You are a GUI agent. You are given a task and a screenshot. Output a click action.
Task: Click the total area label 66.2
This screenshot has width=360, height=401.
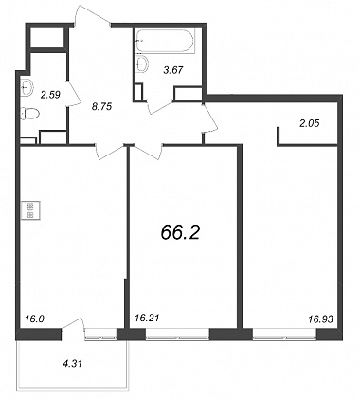coord(180,233)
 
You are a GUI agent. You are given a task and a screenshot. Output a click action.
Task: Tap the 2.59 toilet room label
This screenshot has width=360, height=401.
coord(50,94)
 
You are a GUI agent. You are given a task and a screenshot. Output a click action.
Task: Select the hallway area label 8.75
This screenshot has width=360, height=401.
coord(101,107)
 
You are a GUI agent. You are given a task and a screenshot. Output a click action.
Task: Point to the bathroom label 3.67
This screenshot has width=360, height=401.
coord(173,70)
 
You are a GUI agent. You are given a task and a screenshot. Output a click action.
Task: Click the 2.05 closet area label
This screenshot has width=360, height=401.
coord(310,123)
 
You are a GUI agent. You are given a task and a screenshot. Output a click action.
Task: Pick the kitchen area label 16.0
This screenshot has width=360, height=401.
coord(34,319)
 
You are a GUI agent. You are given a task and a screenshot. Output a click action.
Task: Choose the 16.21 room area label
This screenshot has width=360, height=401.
coord(147,318)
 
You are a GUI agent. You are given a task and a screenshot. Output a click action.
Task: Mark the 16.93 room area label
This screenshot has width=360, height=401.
coord(320,319)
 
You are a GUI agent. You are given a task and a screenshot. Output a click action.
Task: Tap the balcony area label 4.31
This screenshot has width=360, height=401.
coord(72,364)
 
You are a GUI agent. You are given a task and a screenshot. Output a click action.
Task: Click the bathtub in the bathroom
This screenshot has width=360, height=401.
coord(165,41)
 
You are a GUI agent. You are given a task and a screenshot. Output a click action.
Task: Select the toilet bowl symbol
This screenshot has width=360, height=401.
coord(30,113)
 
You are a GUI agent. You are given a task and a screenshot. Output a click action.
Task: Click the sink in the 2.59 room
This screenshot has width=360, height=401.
coord(27,87)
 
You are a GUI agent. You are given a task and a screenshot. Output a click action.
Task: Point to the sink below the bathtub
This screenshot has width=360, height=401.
coord(143,63)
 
